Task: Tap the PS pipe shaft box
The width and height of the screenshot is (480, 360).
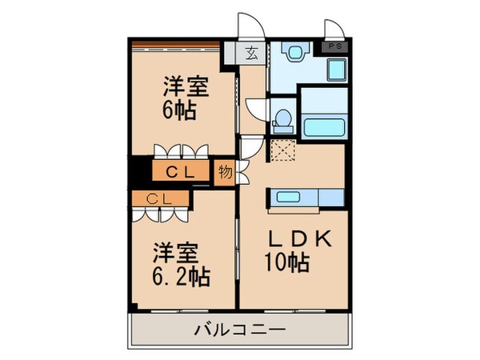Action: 334,47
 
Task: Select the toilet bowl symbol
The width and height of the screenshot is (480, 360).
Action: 282,120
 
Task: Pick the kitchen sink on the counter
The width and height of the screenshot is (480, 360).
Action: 290,198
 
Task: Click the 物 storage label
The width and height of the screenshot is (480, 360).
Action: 226,172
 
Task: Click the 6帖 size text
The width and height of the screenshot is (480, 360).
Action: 181,110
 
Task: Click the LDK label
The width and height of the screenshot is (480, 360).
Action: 293,240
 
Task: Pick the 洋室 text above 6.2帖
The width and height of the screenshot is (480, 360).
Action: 175,254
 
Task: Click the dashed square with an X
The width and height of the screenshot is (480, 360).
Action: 282,150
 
